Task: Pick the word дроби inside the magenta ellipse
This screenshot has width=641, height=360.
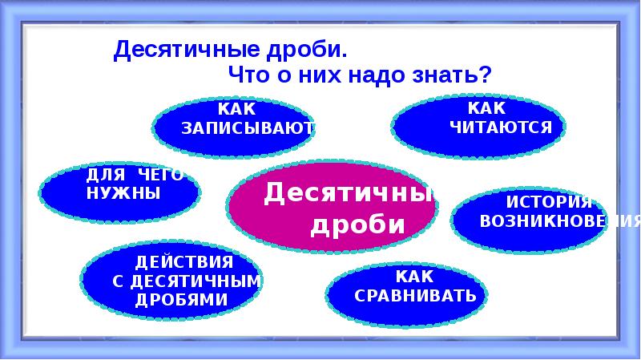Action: point(357,225)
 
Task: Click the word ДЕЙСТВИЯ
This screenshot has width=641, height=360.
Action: point(184,262)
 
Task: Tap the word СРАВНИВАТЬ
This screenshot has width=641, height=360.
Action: point(415,296)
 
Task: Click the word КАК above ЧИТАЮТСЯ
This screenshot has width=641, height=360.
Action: point(488,108)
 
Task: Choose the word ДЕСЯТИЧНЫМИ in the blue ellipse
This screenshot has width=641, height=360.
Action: point(196,281)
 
